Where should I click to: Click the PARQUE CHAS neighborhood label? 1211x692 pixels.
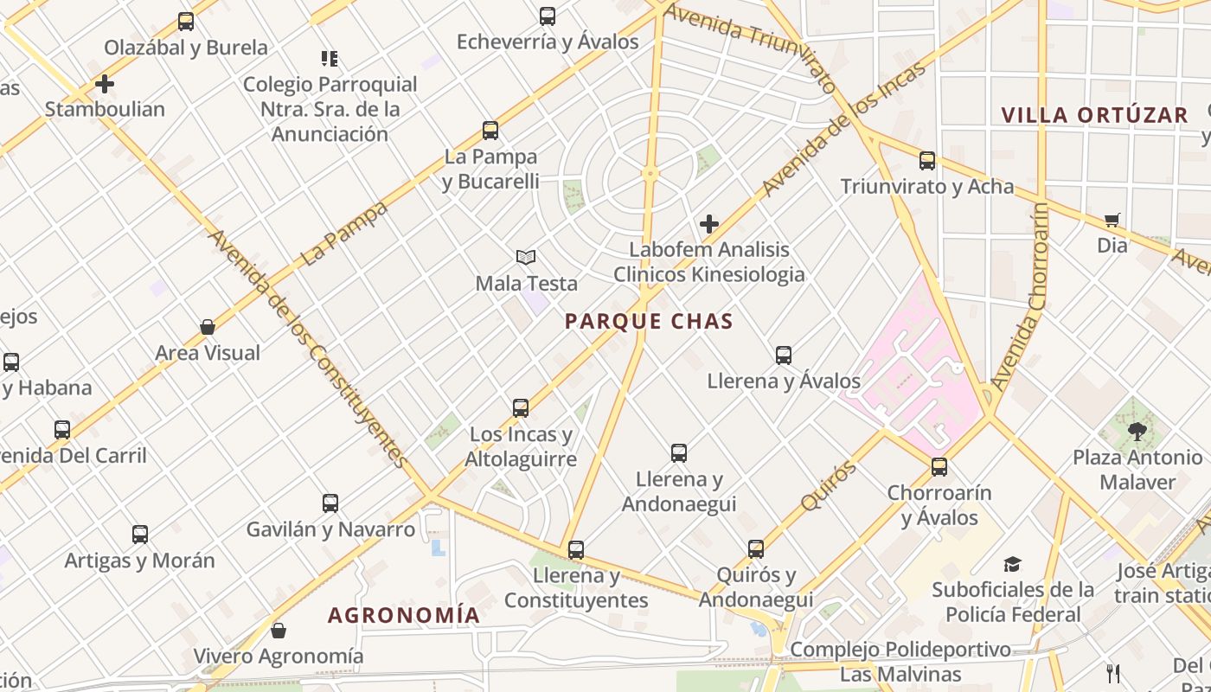[x=649, y=322]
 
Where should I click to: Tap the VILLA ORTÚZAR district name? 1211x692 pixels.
[x=1094, y=115]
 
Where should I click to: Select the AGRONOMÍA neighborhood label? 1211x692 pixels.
[x=403, y=615]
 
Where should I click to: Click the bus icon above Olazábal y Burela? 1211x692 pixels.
[x=186, y=22]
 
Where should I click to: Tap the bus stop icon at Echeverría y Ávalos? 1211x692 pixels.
[x=548, y=16]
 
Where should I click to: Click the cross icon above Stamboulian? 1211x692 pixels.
[x=105, y=84]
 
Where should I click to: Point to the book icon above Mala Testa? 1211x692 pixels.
[x=526, y=257]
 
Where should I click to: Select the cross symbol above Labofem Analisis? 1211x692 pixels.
[x=709, y=224]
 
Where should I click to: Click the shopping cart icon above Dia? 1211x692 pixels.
[x=1112, y=220]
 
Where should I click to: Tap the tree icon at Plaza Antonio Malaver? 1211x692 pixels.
[x=1137, y=431]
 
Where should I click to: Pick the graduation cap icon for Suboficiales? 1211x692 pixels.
[x=1012, y=565]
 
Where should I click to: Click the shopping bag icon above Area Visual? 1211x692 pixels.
[x=208, y=327]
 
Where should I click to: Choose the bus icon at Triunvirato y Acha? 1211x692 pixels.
[x=927, y=160]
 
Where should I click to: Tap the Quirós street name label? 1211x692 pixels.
[x=828, y=486]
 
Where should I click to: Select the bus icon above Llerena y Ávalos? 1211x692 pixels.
[x=784, y=355]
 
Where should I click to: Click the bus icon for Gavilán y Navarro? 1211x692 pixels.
[x=330, y=503]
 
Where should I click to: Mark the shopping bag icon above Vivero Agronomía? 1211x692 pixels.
[x=279, y=630]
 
